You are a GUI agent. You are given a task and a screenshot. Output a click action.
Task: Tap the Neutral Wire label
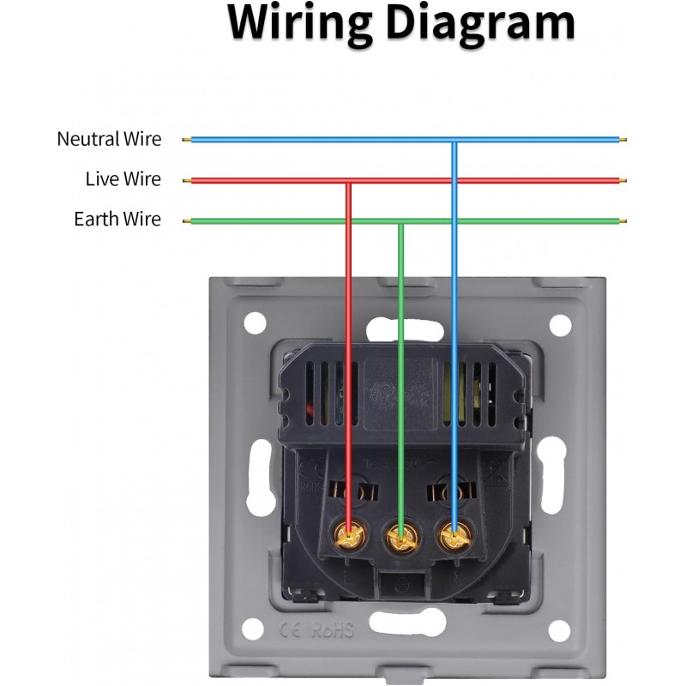[109, 139]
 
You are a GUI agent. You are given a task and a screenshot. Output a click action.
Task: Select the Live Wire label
[123, 179]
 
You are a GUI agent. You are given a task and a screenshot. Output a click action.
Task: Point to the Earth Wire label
[117, 220]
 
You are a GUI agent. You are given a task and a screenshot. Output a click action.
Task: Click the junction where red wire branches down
[348, 181]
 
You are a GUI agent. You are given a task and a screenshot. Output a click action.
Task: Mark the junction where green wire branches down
[400, 221]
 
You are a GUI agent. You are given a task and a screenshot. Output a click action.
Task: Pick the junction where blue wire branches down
[454, 140]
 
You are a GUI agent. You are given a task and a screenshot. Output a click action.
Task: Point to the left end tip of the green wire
[186, 221]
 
